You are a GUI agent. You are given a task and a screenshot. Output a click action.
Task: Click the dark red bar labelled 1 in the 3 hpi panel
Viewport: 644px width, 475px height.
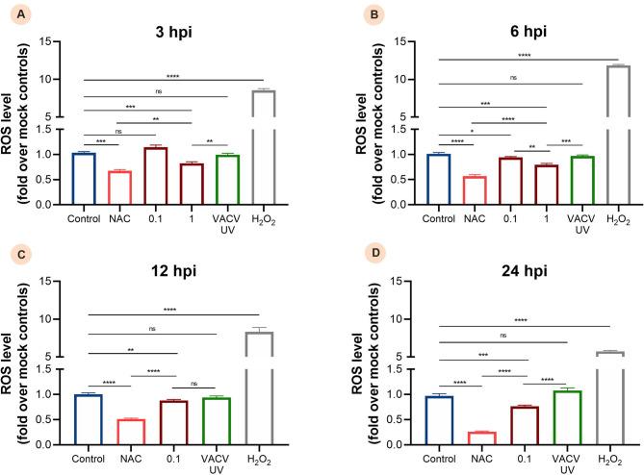tap(191, 184)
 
